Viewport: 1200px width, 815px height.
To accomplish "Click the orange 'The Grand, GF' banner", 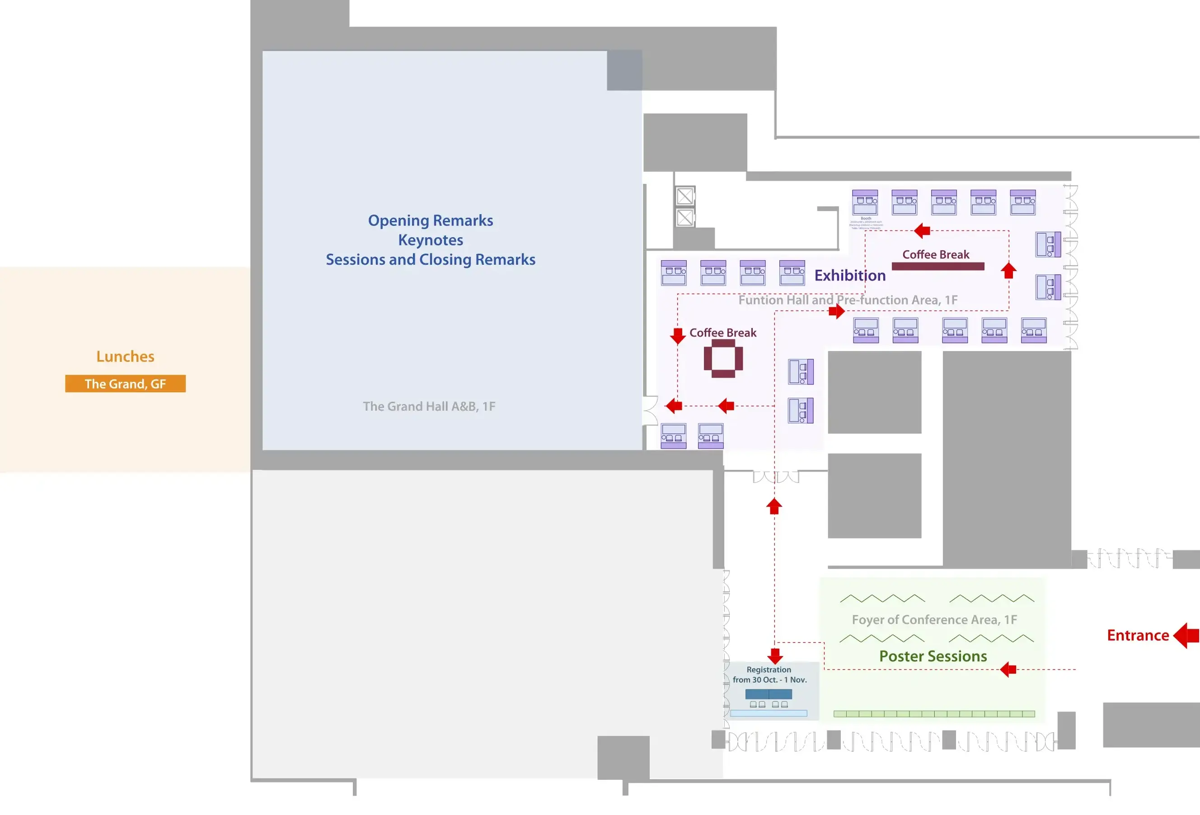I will pos(125,384).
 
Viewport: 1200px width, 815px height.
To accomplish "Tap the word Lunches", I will pos(125,356).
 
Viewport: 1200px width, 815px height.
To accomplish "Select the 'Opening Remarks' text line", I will pos(430,220).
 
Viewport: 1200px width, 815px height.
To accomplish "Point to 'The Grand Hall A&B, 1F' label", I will pos(429,407).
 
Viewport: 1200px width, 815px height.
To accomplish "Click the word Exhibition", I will pos(850,275).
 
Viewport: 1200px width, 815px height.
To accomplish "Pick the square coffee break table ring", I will pos(723,358).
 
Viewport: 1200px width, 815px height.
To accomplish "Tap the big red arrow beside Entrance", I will pos(1186,635).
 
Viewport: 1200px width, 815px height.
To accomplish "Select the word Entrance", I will pos(1138,635).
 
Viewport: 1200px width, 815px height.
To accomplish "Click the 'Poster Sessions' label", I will pos(933,656).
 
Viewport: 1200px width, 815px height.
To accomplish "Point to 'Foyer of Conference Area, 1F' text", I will pos(934,620).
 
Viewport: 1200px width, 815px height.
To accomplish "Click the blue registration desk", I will pos(769,693).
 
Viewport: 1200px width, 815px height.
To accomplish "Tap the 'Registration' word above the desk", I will pos(769,670).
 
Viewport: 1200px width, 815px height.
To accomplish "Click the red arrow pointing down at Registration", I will pos(775,656).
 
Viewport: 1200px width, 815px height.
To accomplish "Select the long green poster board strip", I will pos(934,714).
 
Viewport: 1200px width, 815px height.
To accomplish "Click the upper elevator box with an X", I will pos(684,196).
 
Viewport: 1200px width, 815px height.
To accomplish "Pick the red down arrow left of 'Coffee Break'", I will pos(677,336).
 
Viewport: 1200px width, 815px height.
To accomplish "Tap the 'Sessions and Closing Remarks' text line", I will pos(430,259).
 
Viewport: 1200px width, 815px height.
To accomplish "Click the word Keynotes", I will pos(430,240).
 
